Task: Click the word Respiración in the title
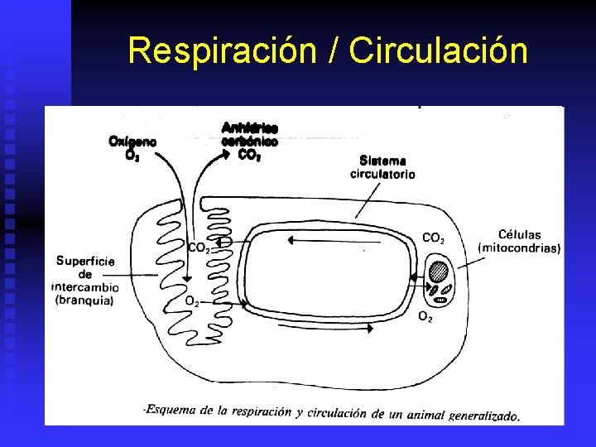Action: point(221,50)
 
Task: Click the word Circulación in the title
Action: point(438,50)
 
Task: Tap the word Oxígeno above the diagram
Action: point(132,141)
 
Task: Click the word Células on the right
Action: point(520,234)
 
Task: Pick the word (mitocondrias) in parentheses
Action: point(520,248)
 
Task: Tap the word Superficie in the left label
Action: point(85,261)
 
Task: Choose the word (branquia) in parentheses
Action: point(84,300)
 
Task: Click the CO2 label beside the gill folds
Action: point(198,247)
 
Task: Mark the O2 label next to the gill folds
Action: point(191,301)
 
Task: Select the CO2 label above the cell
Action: point(433,238)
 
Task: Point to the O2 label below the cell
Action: point(425,316)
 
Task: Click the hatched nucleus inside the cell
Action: point(438,272)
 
